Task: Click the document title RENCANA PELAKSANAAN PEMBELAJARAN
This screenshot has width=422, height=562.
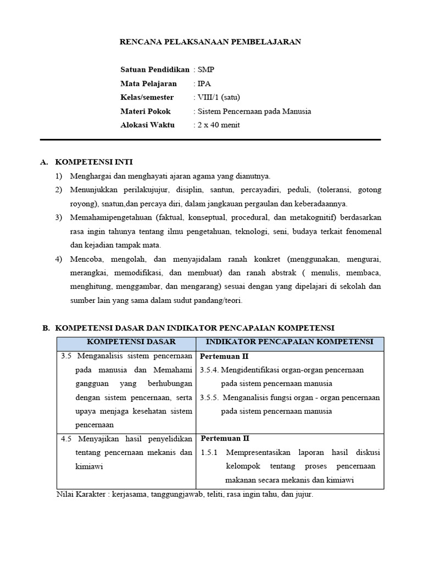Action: click(210, 42)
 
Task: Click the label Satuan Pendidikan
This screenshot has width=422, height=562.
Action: click(155, 70)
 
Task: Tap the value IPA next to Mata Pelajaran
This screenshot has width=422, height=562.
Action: click(204, 83)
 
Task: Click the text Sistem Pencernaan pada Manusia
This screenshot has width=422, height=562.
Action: click(254, 111)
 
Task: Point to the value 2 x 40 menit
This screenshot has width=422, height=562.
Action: click(219, 125)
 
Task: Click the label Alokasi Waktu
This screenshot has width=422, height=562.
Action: click(147, 125)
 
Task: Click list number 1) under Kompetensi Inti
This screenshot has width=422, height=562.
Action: click(59, 176)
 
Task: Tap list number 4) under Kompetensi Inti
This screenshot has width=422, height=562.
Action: click(59, 259)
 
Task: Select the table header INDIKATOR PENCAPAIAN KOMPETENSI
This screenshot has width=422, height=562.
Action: click(290, 342)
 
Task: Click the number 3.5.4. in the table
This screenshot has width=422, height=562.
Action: click(210, 370)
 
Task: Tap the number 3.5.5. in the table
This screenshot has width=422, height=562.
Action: click(210, 397)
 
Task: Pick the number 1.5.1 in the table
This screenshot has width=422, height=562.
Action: click(209, 452)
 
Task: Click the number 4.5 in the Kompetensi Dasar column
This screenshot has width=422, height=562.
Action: click(67, 439)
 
